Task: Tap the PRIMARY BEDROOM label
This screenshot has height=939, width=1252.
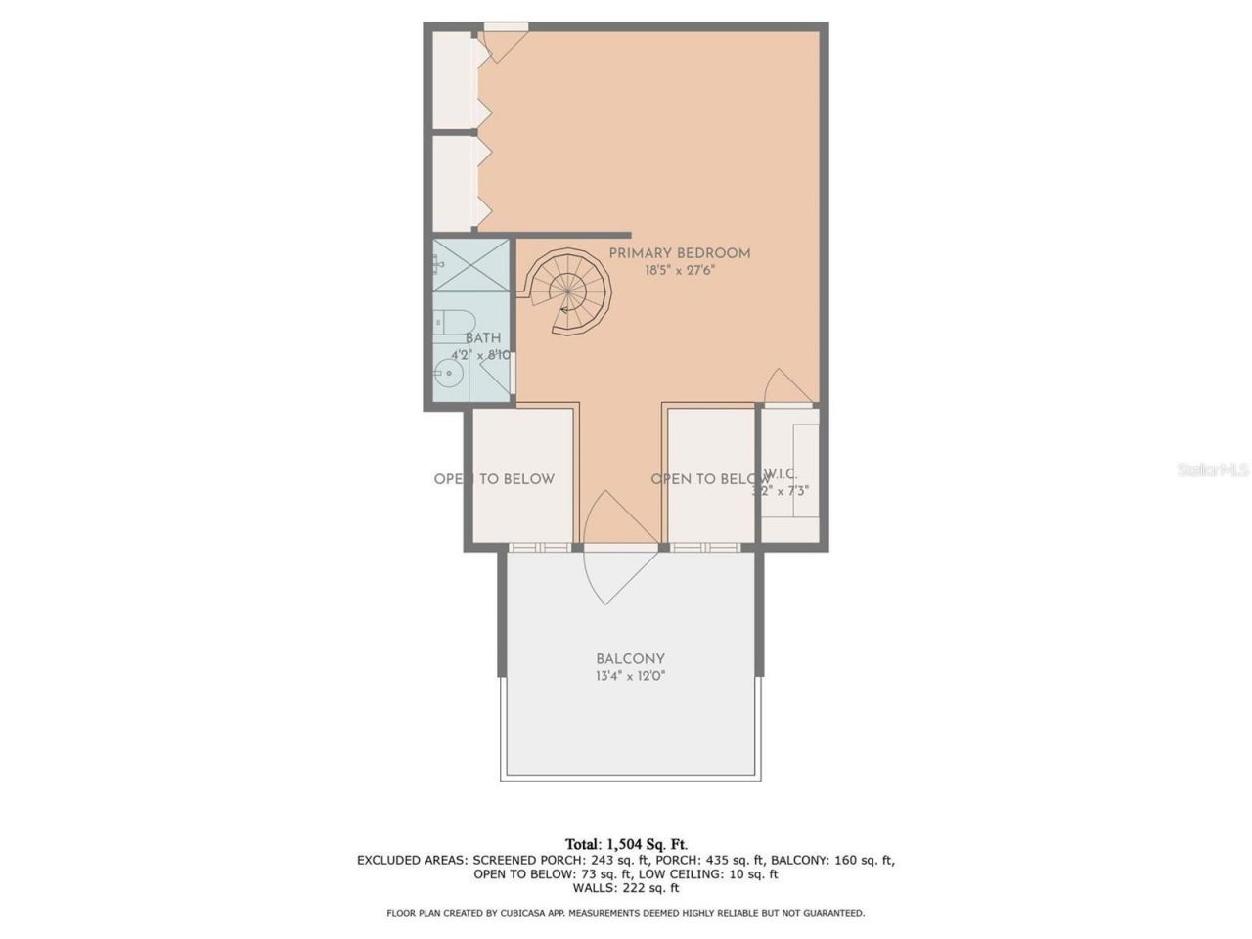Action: (680, 253)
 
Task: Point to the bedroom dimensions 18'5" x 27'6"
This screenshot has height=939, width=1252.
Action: (680, 271)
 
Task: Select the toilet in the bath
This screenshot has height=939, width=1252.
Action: (454, 321)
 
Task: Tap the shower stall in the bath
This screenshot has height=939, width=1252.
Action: (470, 264)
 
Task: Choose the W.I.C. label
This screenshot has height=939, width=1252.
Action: (780, 474)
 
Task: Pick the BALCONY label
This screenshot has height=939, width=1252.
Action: (630, 659)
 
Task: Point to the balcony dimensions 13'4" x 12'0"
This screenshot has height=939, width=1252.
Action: (630, 676)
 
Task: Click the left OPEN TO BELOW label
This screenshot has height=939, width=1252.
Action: (494, 479)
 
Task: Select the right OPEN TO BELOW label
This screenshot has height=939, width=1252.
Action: (710, 479)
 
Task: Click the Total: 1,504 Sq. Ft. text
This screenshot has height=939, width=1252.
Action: (626, 844)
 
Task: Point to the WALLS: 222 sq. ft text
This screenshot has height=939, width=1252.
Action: (626, 888)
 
